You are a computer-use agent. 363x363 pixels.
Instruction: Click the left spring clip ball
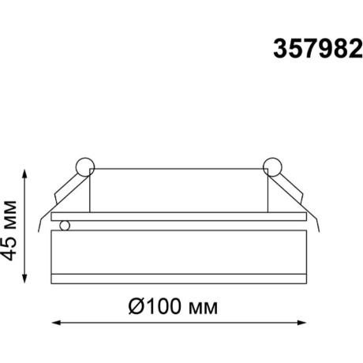tap(84, 167)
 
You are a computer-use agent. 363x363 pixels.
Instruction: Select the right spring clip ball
tap(272, 167)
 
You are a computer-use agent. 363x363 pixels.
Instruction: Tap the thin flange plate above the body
tap(178, 215)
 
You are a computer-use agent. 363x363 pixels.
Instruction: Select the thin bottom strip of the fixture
tap(178, 278)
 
